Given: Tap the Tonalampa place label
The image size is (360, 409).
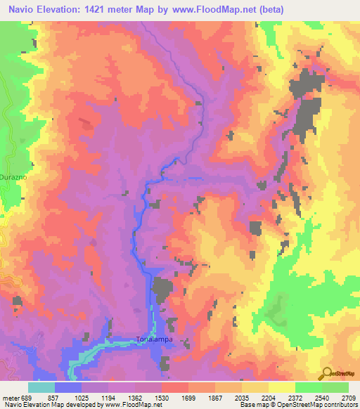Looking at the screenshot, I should pyautogui.click(x=153, y=339).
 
